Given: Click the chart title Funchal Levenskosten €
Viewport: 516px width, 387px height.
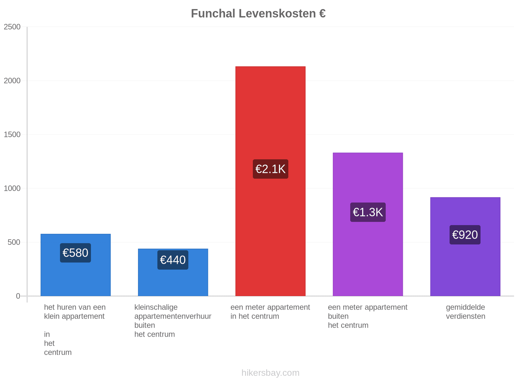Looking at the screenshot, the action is (x=258, y=14).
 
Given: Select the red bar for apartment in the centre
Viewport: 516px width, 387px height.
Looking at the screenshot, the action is (x=270, y=181).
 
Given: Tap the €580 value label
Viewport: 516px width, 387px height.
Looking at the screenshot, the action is (x=75, y=253).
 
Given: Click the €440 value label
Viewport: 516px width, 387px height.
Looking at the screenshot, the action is (x=173, y=260).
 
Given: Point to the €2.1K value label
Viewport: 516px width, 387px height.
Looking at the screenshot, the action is (x=270, y=169).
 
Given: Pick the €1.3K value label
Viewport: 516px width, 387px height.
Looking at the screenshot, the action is (x=368, y=212).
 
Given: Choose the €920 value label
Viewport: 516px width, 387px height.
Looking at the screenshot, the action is (x=465, y=235).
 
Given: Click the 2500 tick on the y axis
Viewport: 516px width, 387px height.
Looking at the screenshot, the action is (x=12, y=27).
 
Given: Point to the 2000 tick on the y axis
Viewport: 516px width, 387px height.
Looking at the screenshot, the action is (x=12, y=81).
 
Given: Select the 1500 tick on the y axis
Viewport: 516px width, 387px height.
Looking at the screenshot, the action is (x=12, y=134).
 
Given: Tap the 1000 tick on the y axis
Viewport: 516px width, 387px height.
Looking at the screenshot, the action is (x=12, y=188).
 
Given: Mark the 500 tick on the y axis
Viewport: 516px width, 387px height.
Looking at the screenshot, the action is (x=14, y=242).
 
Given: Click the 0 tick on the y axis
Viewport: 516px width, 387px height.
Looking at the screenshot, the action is (x=18, y=296).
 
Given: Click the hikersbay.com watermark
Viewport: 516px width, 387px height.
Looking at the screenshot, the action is (x=270, y=373).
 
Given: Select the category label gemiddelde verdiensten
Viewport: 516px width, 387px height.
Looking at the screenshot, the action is (x=465, y=312).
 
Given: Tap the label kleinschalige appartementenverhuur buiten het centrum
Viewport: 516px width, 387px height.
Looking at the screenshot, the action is (x=173, y=321).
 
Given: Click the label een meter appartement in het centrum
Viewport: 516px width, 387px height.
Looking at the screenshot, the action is (x=270, y=312).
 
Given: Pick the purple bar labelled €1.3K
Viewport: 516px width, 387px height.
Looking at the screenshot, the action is (x=368, y=224).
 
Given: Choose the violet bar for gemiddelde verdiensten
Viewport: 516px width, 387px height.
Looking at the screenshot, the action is (x=465, y=246).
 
